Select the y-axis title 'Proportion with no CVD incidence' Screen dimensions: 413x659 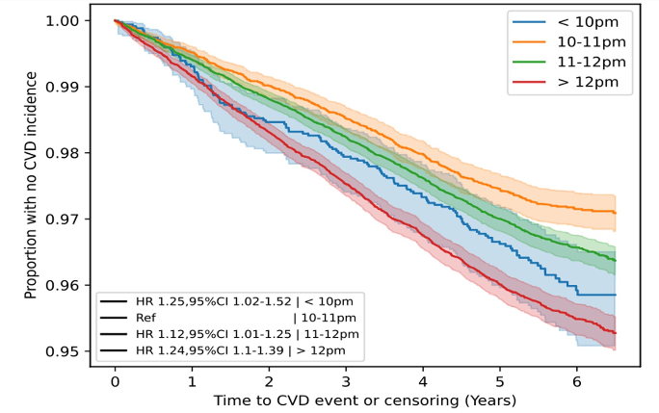pyautogui.click(x=32, y=183)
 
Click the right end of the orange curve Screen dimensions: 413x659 pyautogui.click(x=615, y=212)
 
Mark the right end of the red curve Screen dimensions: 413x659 pyautogui.click(x=615, y=333)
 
